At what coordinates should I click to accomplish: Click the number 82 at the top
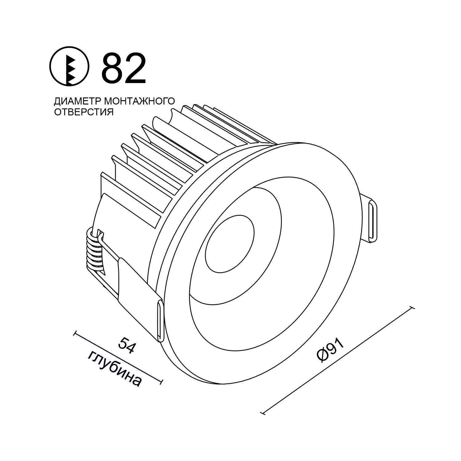[x=124, y=68]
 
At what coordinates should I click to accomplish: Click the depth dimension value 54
[x=127, y=345]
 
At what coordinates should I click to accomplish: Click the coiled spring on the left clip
[x=95, y=250]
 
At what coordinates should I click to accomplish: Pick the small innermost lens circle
[x=230, y=243]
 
